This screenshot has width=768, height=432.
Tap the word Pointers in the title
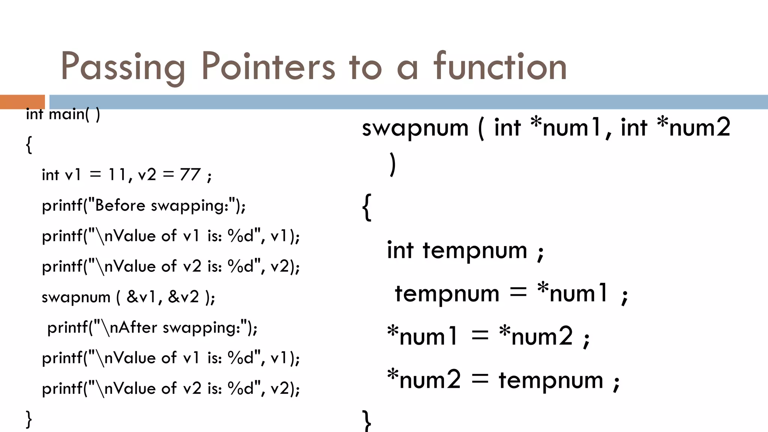coord(268,66)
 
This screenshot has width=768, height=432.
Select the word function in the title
coord(500,66)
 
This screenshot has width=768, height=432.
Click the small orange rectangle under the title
coord(22,102)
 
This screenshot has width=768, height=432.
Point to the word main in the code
coord(67,114)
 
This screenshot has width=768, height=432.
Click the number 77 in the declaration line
coord(190,175)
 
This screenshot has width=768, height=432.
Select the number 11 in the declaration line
coord(117,175)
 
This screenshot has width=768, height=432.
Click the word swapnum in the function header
coord(415,128)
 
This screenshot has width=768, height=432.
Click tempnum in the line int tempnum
coord(475,250)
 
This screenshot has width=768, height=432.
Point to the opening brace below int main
coord(29,145)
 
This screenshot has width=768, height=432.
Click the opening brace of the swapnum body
coord(367,207)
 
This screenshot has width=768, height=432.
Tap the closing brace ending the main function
coord(29,419)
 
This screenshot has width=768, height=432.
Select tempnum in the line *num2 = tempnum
coord(550,380)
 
